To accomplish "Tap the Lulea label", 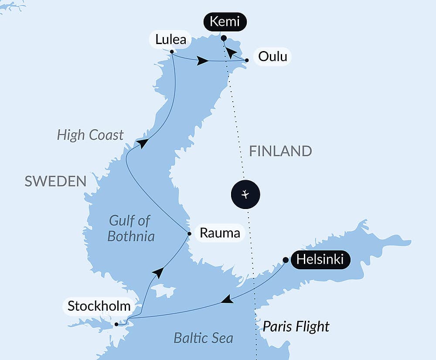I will [x=170, y=40].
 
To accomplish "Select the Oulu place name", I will [x=272, y=57].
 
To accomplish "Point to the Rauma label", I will [x=220, y=233].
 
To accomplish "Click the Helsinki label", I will [x=320, y=260].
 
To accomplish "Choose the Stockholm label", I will [x=99, y=306].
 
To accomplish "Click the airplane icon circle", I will [x=245, y=194].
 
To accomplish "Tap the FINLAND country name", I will [x=280, y=151].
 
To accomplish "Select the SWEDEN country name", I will [x=55, y=182].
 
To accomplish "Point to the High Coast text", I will [x=90, y=135].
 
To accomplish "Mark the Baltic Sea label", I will [x=203, y=338].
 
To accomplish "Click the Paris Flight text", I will [x=296, y=326].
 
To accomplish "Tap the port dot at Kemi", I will [x=224, y=38].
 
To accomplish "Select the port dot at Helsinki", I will [x=285, y=260].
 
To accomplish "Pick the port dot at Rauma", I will [x=189, y=233].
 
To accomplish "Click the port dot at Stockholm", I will [x=116, y=324].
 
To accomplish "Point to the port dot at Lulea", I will [x=172, y=51].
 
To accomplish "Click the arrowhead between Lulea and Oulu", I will [x=202, y=61].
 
